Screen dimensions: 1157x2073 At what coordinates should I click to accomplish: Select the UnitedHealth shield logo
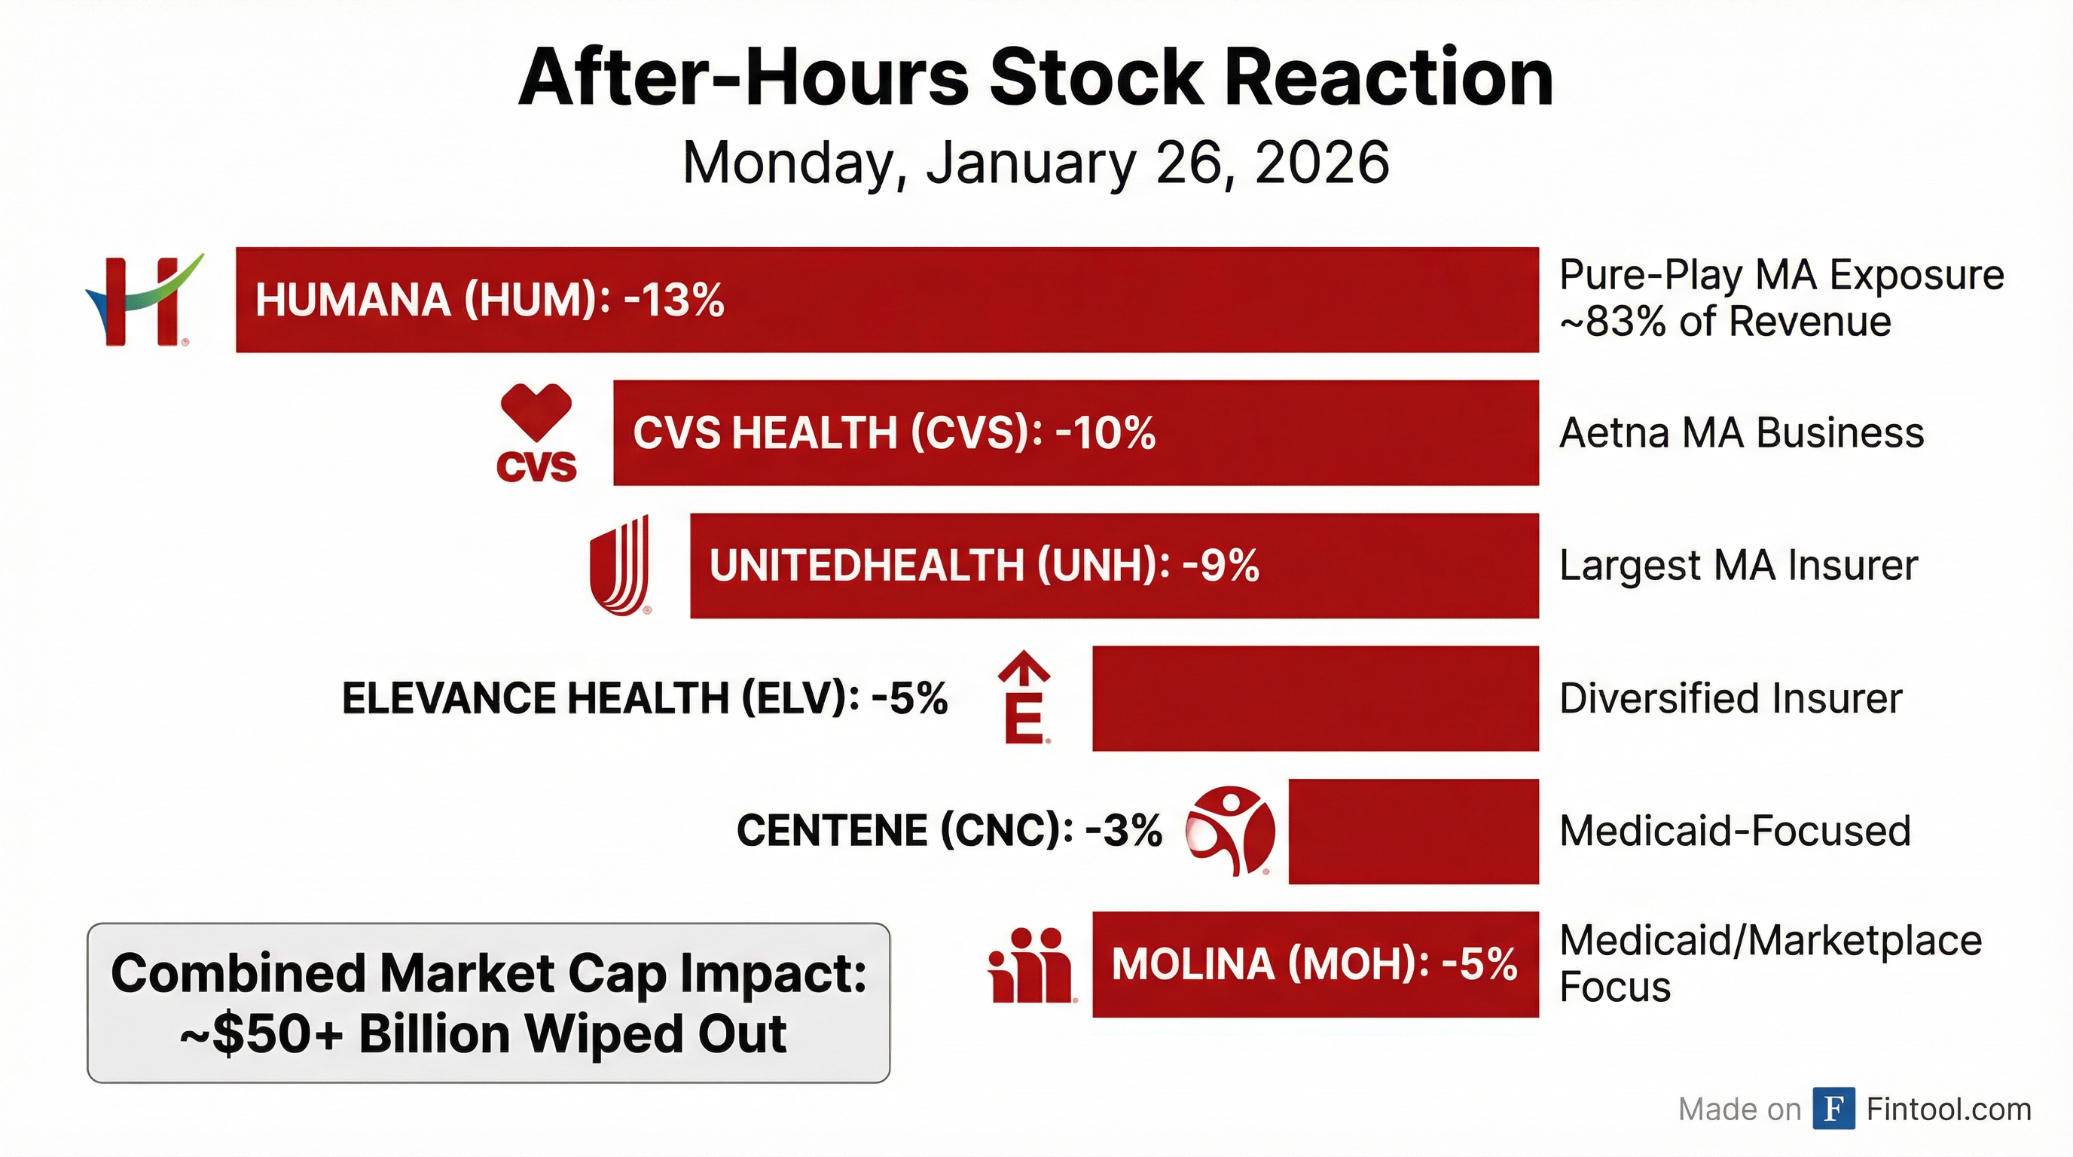pyautogui.click(x=620, y=566)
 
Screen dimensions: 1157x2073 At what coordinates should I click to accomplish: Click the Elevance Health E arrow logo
pyautogui.click(x=1024, y=698)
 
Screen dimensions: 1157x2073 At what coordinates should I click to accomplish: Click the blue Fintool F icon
pyautogui.click(x=1833, y=1109)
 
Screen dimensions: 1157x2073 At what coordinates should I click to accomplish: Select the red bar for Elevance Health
pyautogui.click(x=1315, y=698)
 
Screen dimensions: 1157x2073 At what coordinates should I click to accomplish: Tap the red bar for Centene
pyautogui.click(x=1413, y=831)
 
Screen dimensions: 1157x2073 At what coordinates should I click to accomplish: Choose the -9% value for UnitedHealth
pyautogui.click(x=1220, y=566)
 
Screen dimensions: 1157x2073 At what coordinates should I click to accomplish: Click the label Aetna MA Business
pyautogui.click(x=1742, y=433)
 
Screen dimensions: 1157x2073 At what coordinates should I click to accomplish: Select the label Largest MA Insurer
pyautogui.click(x=1739, y=566)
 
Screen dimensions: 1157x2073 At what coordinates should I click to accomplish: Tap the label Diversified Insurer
pyautogui.click(x=1730, y=698)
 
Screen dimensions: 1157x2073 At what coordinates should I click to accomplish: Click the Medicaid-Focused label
pyautogui.click(x=1734, y=831)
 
